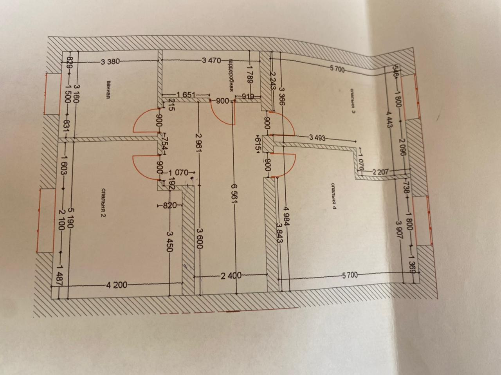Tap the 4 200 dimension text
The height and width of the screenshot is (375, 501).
pos(116,285)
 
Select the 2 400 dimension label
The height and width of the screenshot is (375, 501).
pos(231,276)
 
